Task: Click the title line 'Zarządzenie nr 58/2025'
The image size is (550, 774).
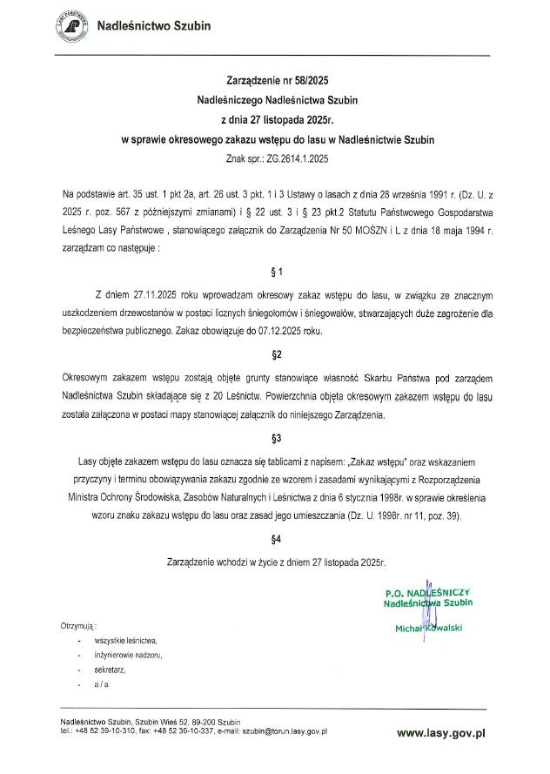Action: coord(275,79)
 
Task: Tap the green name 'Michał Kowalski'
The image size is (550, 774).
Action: coord(428,628)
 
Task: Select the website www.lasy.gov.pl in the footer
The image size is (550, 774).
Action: coord(440,735)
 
